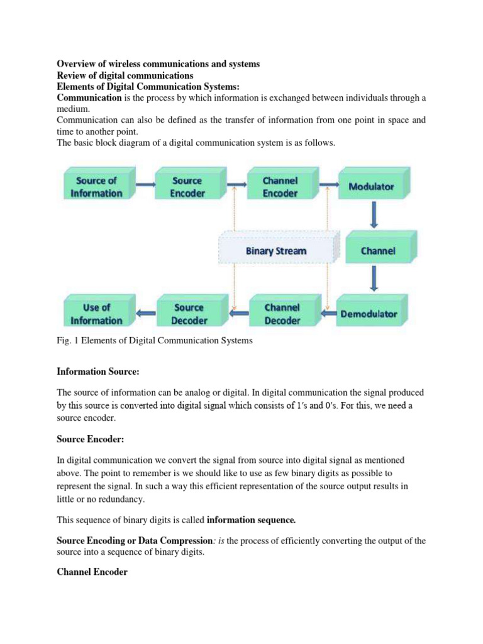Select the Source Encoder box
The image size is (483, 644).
(x=187, y=186)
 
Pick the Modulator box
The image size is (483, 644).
(x=371, y=186)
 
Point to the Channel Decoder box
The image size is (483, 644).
(x=281, y=314)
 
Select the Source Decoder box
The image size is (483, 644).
(x=188, y=314)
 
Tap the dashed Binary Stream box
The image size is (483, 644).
(x=276, y=250)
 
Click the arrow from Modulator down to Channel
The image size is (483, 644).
(x=374, y=214)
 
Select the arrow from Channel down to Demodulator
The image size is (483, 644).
(x=374, y=279)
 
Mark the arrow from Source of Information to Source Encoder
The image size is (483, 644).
(x=144, y=184)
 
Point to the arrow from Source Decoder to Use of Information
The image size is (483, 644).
(x=147, y=313)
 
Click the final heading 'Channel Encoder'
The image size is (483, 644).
(x=92, y=572)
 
